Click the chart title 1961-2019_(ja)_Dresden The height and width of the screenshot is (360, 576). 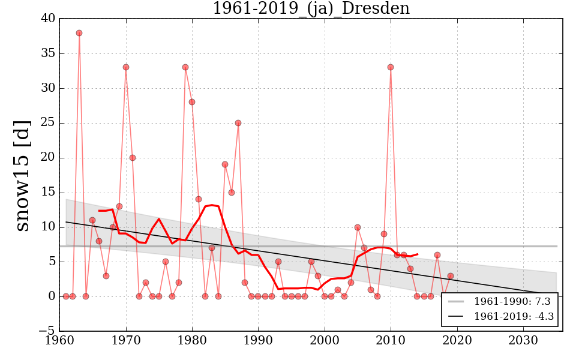pos(311,8)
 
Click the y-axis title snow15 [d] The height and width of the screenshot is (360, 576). pos(23,175)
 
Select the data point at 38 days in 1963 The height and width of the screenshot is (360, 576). pos(79,33)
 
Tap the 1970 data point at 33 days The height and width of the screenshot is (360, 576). pos(126,67)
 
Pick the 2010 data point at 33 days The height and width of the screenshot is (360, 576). pos(391,67)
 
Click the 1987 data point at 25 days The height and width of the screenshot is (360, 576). pos(238,123)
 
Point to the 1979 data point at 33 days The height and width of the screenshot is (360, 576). pos(185,67)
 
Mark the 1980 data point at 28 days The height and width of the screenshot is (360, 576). pos(192,102)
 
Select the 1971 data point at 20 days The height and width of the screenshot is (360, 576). pos(133,158)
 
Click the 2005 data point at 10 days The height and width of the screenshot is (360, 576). pos(358,227)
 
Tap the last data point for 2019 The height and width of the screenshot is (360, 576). pos(450,276)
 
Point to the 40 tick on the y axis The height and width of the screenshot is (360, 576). pos(47,19)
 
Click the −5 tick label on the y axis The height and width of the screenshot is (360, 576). pos(47,331)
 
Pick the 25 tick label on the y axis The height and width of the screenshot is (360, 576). pos(47,123)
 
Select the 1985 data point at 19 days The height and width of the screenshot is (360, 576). pos(225,164)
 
